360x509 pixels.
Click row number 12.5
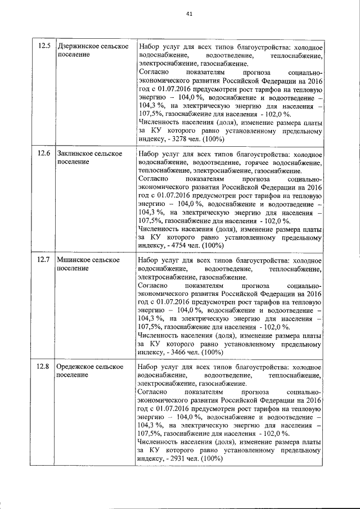point(43,46)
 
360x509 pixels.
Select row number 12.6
point(43,153)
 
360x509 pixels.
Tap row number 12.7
point(43,259)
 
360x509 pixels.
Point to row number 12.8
point(43,366)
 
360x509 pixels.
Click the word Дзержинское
point(78,46)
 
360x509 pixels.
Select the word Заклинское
point(75,153)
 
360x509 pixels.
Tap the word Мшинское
point(72,259)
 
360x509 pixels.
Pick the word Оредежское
point(75,366)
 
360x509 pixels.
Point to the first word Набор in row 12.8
point(148,366)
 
